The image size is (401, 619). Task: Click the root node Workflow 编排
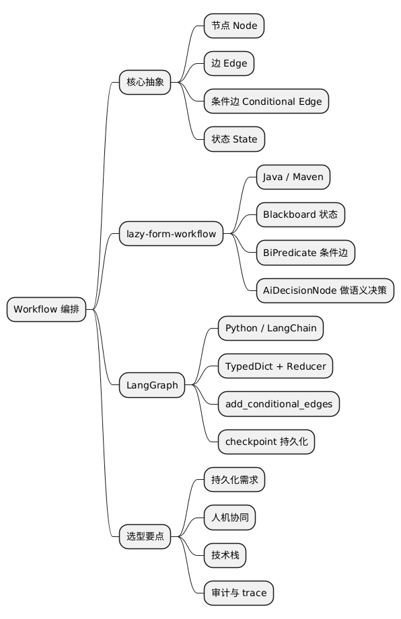click(x=46, y=309)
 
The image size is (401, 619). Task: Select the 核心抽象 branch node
click(x=145, y=82)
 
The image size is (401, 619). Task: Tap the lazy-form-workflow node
click(x=171, y=234)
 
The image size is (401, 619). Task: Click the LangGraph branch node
click(x=152, y=385)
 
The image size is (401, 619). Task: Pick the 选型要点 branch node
click(x=145, y=536)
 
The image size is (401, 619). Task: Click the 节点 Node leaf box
click(x=234, y=26)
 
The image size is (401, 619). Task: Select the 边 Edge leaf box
click(x=229, y=63)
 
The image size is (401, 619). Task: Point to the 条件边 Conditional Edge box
click(x=266, y=101)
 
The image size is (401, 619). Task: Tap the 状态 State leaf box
click(x=234, y=139)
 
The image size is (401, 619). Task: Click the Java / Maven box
click(x=293, y=177)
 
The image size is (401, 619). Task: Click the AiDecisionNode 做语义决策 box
click(x=325, y=290)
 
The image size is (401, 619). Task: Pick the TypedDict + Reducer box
click(x=275, y=366)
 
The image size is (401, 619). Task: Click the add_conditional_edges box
click(x=279, y=404)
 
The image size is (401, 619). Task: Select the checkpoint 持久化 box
click(x=266, y=442)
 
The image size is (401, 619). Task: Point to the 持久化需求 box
click(x=234, y=480)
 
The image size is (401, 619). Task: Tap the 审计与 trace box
click(x=239, y=593)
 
